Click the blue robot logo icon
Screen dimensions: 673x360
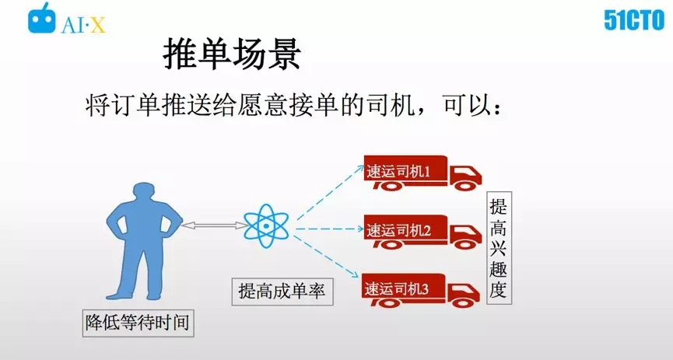click(42, 18)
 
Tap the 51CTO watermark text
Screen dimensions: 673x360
click(634, 19)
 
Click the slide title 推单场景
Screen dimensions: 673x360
click(231, 54)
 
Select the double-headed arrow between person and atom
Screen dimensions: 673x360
click(212, 225)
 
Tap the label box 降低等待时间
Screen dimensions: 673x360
click(138, 323)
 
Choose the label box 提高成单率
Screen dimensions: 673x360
click(282, 292)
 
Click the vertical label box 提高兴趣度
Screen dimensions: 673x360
click(499, 248)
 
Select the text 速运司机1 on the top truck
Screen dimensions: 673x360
click(398, 172)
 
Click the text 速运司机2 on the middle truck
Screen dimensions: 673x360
click(398, 231)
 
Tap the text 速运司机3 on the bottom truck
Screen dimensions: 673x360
click(397, 289)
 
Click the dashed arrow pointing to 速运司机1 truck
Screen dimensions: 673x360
click(330, 193)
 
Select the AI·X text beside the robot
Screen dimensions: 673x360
click(83, 25)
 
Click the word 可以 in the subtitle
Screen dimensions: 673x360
click(468, 105)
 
